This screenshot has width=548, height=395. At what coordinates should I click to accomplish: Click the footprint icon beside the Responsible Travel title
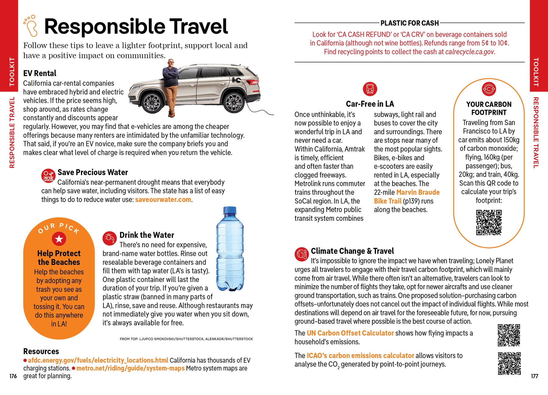(x=30, y=26)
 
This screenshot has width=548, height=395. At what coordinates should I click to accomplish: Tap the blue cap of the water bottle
(x=230, y=210)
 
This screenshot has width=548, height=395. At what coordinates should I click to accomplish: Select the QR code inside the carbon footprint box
(x=489, y=222)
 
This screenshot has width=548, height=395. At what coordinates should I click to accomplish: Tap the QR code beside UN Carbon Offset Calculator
(x=509, y=335)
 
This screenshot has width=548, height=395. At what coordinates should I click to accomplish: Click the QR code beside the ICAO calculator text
(x=509, y=363)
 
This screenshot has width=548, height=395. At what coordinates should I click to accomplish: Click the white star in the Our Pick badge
(x=59, y=239)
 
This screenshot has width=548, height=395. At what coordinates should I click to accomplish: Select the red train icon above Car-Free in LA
(x=370, y=89)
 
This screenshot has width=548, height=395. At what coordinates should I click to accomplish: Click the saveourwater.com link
(x=163, y=200)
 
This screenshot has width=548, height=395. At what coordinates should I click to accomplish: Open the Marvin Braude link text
(x=418, y=192)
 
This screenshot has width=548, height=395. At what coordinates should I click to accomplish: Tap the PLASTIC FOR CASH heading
(x=409, y=23)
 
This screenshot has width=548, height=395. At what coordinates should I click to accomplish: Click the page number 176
(x=13, y=376)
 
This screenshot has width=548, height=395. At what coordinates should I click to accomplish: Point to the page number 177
(x=534, y=376)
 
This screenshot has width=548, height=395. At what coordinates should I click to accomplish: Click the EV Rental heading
(x=40, y=73)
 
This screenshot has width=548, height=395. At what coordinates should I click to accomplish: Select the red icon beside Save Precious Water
(x=48, y=176)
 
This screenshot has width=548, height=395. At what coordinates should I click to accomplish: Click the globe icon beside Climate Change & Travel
(x=301, y=254)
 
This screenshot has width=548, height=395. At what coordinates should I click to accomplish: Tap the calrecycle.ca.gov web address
(x=470, y=52)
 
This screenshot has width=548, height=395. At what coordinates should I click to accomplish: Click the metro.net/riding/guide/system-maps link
(x=130, y=368)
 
